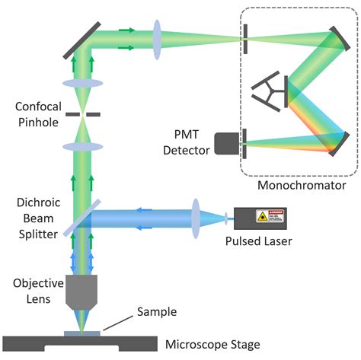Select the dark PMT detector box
(225, 143)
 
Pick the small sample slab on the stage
(81, 332)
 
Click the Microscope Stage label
(216, 343)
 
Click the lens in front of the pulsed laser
(197, 218)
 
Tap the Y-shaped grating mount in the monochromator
(270, 91)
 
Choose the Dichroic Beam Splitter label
(30, 218)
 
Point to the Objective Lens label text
(32, 290)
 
